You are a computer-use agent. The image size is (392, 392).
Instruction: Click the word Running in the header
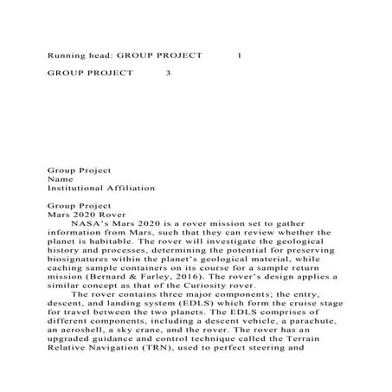pyautogui.click(x=65, y=54)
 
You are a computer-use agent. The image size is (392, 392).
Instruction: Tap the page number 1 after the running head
pyautogui.click(x=239, y=54)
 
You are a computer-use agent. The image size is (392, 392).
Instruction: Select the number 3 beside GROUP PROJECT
pyautogui.click(x=169, y=74)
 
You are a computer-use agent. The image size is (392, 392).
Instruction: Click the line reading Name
pyautogui.click(x=59, y=177)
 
